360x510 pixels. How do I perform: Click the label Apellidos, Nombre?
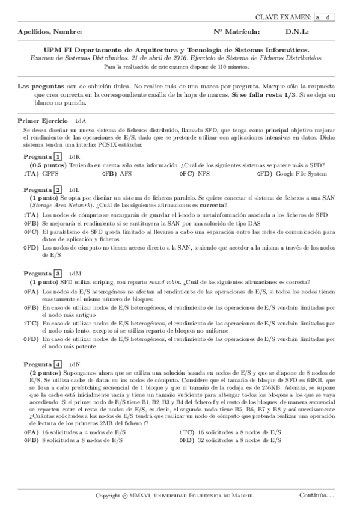[50, 31]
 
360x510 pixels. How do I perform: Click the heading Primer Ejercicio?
[43, 121]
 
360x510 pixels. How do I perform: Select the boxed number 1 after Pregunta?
[58, 157]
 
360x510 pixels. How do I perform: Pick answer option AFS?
[126, 174]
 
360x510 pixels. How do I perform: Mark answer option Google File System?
[301, 174]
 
